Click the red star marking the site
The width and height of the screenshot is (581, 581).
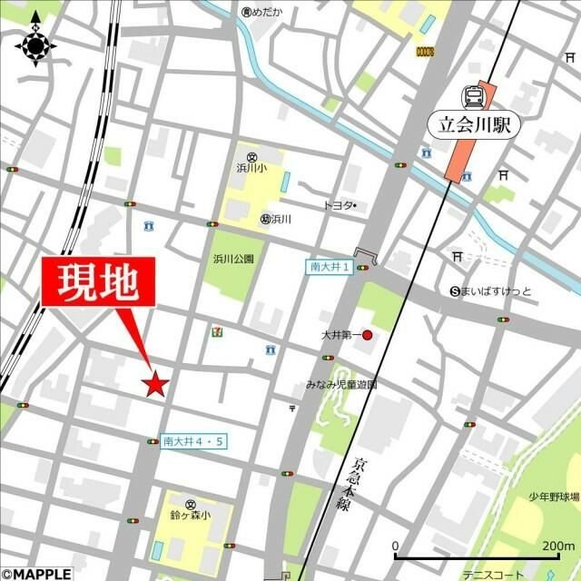[155, 384]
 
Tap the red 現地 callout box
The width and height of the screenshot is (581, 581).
[99, 284]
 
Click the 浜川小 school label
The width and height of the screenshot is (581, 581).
[250, 167]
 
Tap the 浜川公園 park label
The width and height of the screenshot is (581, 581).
[233, 259]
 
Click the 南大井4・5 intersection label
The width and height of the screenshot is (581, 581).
[192, 441]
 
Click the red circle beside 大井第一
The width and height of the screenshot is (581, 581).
[368, 335]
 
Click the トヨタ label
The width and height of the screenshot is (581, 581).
[338, 206]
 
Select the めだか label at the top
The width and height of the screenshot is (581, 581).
[269, 12]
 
